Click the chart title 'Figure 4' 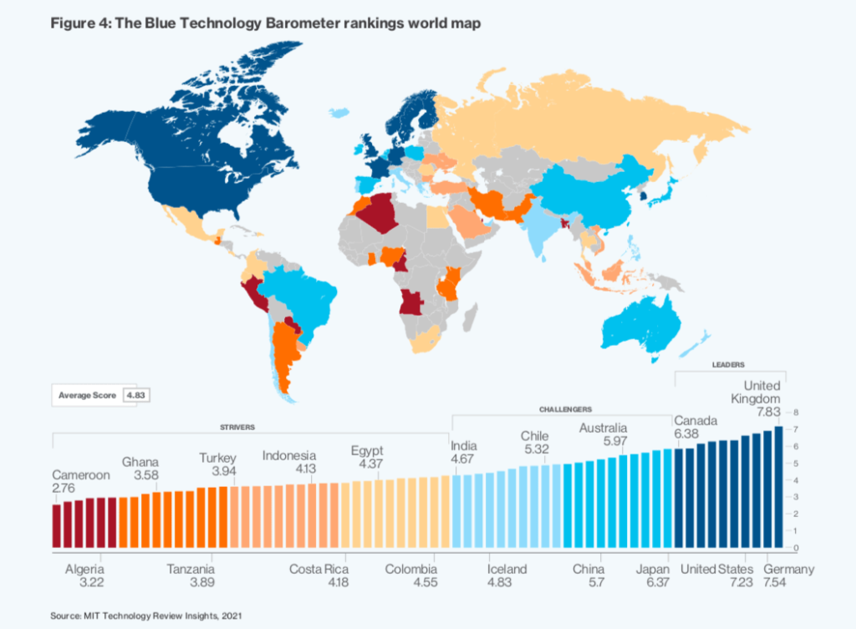click(265, 23)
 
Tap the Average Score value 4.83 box click(136, 395)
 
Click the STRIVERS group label click(237, 427)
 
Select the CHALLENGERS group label click(566, 409)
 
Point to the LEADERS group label click(728, 364)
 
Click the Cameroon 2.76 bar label click(81, 481)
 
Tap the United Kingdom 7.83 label click(756, 398)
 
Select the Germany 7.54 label click(788, 576)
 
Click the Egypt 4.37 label click(367, 457)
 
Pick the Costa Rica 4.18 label click(318, 576)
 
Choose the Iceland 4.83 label click(507, 576)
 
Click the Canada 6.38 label click(695, 427)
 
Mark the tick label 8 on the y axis click(796, 413)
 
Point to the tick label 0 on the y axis click(796, 548)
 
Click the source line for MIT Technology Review click(145, 616)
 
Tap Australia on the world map click(641, 325)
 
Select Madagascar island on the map click(471, 317)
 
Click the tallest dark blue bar click(778, 487)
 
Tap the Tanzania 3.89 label click(191, 576)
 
